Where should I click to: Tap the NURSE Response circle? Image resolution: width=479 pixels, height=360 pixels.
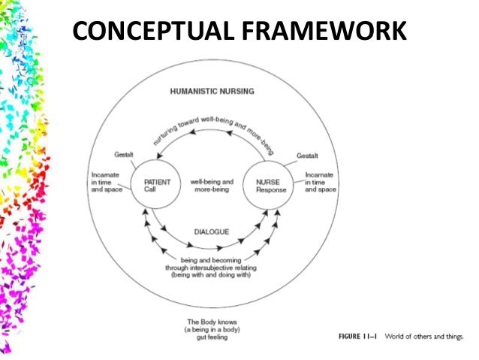[273, 186]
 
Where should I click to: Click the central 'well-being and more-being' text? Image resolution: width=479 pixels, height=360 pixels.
[212, 186]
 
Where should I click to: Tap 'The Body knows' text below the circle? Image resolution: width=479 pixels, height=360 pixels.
[210, 321]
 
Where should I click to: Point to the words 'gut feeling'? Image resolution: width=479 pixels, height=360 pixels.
[210, 337]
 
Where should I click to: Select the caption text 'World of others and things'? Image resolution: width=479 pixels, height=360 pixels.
[426, 336]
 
